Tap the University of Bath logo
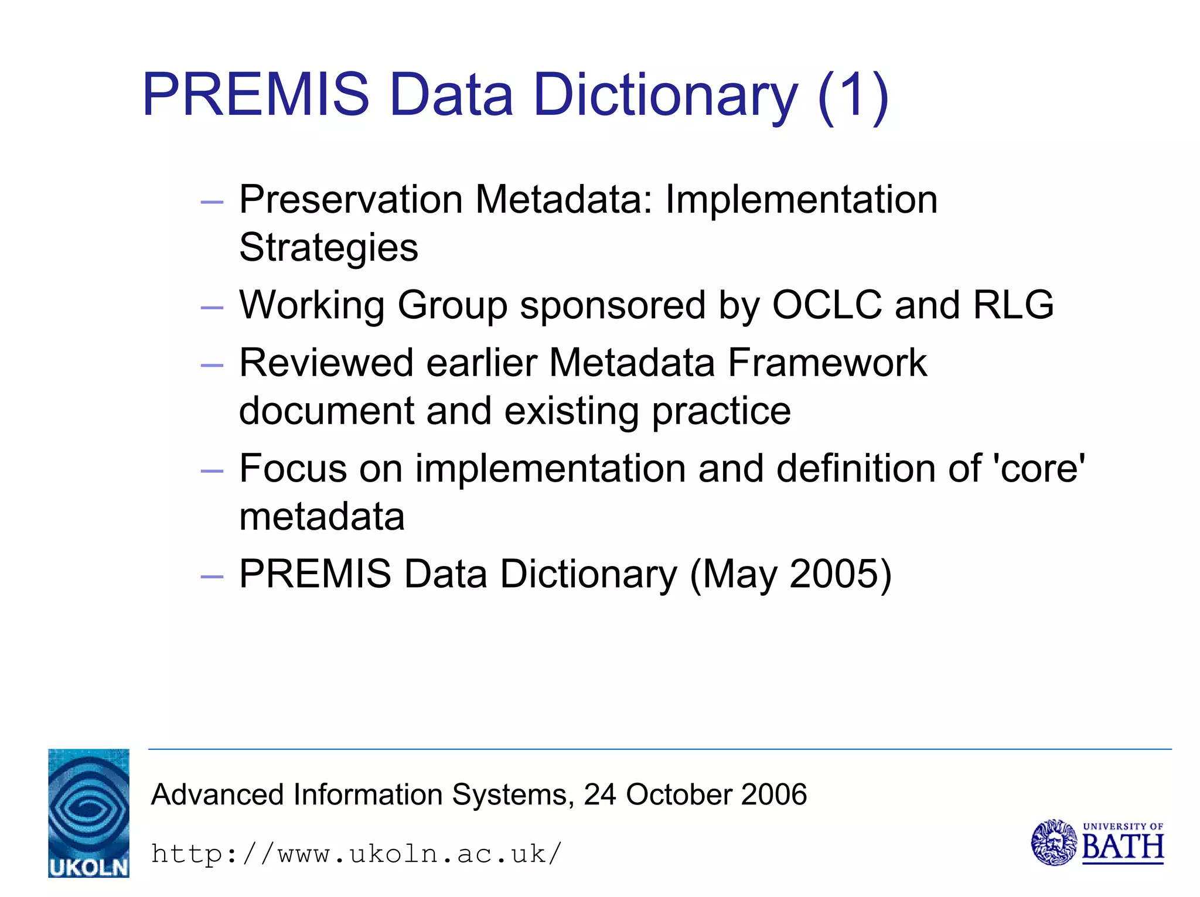point(1097,843)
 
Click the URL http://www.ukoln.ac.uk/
point(356,854)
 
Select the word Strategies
point(329,247)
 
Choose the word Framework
point(827,363)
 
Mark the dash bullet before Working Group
point(212,308)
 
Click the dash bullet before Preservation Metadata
point(212,202)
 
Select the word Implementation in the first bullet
point(801,200)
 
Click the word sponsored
point(612,306)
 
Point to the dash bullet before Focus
point(212,471)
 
